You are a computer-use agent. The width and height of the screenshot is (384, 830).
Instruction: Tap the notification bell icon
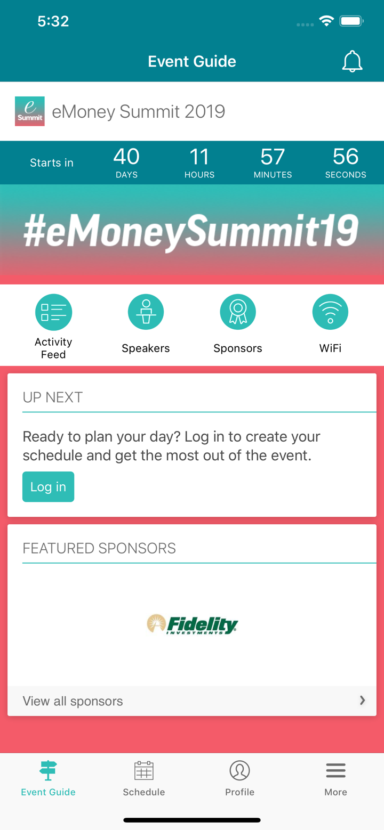pos(352,62)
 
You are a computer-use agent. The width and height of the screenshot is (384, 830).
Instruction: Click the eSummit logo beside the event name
pos(30,111)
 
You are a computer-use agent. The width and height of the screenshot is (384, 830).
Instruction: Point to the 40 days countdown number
pos(126,157)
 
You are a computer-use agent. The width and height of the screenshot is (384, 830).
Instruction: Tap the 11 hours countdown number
pos(199,157)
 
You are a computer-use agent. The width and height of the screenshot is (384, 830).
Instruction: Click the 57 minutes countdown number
pos(273,157)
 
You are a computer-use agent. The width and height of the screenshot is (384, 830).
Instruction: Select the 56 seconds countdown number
pos(346,157)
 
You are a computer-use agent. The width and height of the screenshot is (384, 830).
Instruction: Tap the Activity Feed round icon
pos(53,312)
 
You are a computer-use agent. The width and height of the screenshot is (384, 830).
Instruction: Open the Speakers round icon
pos(146,312)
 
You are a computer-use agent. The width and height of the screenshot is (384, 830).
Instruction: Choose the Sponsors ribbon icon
pos(238,312)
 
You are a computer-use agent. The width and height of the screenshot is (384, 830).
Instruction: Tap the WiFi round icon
pos(330,312)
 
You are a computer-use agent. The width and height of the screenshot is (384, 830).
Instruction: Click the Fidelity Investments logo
pos(192,624)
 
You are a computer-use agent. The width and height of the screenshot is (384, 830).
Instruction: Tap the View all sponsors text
pos(73,701)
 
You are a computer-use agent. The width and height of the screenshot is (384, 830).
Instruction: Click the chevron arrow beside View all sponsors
pos(363,701)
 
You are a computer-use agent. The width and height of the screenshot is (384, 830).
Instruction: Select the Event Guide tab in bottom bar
pos(48,778)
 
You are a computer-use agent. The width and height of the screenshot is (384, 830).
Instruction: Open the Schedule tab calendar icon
pos(144,770)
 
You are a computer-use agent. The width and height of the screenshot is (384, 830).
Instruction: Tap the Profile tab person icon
pos(240,770)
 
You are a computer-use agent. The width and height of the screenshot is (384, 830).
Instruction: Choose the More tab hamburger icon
pos(335,770)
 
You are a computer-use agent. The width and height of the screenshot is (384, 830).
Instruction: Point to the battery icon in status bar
pos(351,21)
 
